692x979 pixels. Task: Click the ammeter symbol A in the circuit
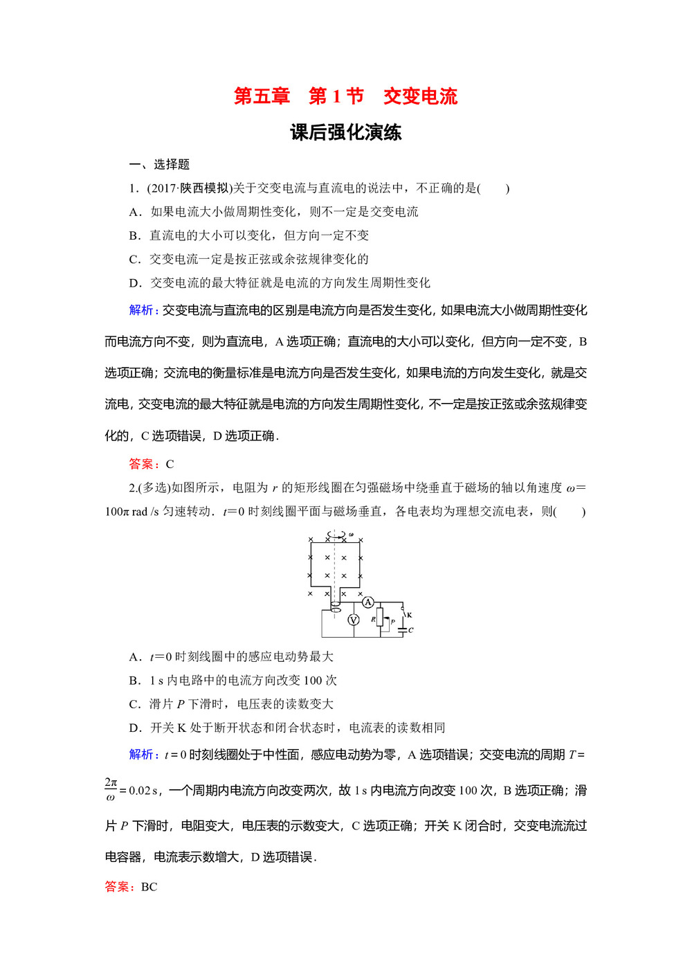[368, 602]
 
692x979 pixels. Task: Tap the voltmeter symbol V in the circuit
[353, 620]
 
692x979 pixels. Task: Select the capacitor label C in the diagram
[411, 630]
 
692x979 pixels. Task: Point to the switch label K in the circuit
[410, 615]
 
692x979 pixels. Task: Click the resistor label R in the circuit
[373, 620]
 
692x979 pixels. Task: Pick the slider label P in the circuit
[392, 622]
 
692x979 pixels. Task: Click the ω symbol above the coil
[351, 535]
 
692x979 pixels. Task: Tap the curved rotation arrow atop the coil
[337, 535]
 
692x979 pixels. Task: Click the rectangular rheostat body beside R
[380, 618]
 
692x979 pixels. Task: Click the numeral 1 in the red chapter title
[336, 96]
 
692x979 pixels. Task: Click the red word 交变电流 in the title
[421, 96]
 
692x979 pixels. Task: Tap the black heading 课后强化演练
[346, 132]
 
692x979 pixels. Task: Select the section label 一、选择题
[159, 164]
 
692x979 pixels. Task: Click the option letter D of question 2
[135, 728]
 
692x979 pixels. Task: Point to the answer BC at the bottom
[149, 887]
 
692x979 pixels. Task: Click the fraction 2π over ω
[111, 790]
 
